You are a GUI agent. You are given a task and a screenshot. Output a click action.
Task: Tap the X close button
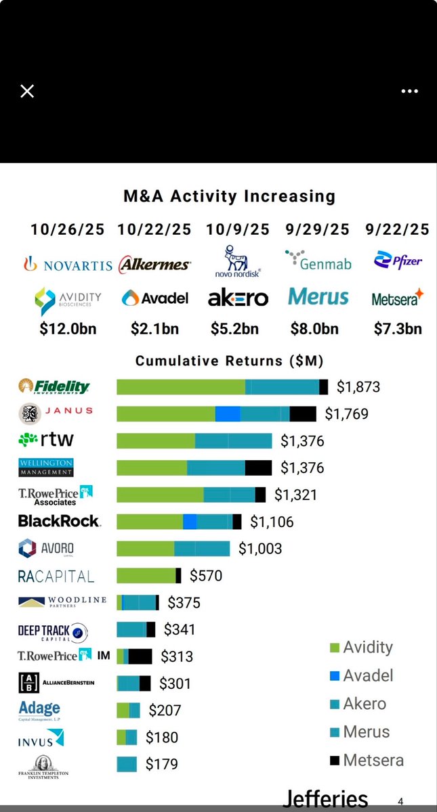tap(27, 91)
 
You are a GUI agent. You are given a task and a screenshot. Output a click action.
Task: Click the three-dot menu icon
tap(409, 91)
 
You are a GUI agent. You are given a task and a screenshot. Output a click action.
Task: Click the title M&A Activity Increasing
tap(229, 196)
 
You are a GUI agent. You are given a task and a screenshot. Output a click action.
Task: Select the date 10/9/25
tap(238, 230)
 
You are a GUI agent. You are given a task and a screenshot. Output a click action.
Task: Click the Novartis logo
tap(68, 265)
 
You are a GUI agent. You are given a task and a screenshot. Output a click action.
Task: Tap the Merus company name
tap(318, 297)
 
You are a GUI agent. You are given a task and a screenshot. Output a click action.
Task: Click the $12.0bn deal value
tap(66, 329)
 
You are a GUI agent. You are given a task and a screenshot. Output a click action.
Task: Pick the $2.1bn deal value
tap(154, 329)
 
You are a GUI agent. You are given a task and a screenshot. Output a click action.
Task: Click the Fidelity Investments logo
tap(54, 387)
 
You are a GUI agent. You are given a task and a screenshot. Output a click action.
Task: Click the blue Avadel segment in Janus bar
tap(228, 414)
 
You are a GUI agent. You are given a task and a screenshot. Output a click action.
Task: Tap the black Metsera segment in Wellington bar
tap(258, 468)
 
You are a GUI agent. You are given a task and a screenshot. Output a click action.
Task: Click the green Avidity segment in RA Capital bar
tap(146, 576)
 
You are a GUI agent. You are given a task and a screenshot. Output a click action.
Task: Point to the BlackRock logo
tap(59, 521)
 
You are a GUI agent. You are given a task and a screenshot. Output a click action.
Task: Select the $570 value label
tap(205, 576)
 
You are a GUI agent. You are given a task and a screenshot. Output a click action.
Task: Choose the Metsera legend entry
tap(366, 760)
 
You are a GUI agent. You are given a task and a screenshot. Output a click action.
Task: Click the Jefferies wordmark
tap(325, 798)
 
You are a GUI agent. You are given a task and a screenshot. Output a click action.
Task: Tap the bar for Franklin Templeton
tap(127, 764)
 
